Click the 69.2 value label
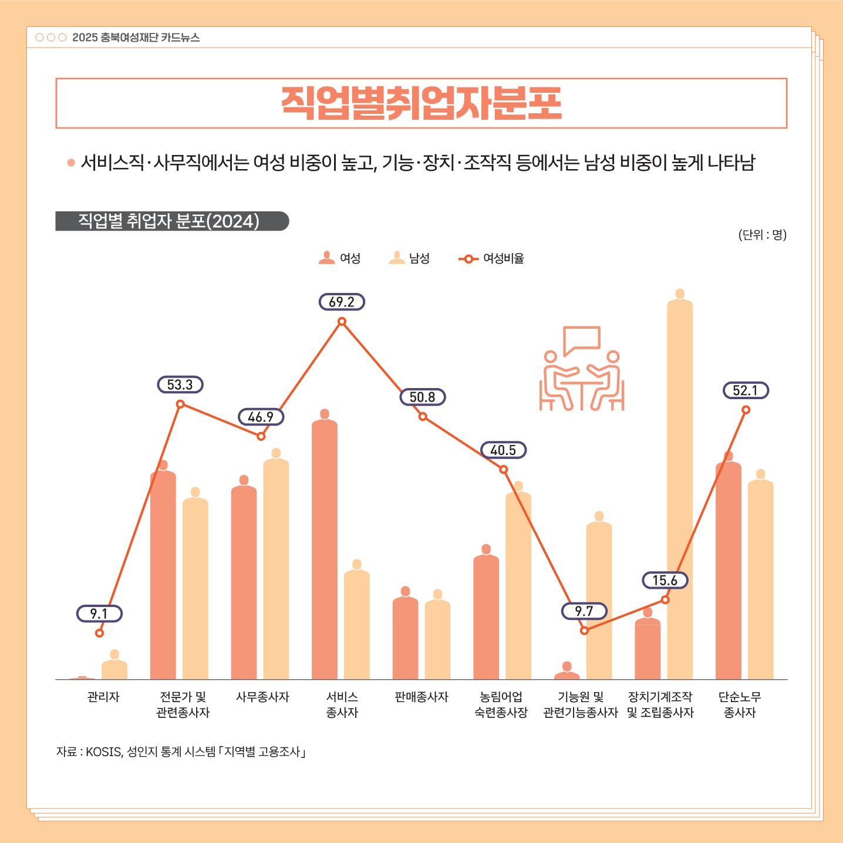click(x=342, y=302)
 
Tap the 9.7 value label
click(x=584, y=612)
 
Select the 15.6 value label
click(x=665, y=581)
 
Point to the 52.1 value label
click(x=746, y=391)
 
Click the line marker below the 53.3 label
click(x=180, y=404)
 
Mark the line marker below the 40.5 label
click(x=503, y=470)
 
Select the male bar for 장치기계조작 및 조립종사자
click(x=680, y=487)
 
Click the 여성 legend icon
click(x=326, y=258)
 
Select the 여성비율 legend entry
click(x=492, y=258)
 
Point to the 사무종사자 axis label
click(x=262, y=697)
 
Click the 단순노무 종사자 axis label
click(x=740, y=704)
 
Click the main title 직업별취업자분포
click(x=421, y=103)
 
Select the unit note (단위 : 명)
click(x=762, y=235)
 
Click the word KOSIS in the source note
click(x=103, y=752)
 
